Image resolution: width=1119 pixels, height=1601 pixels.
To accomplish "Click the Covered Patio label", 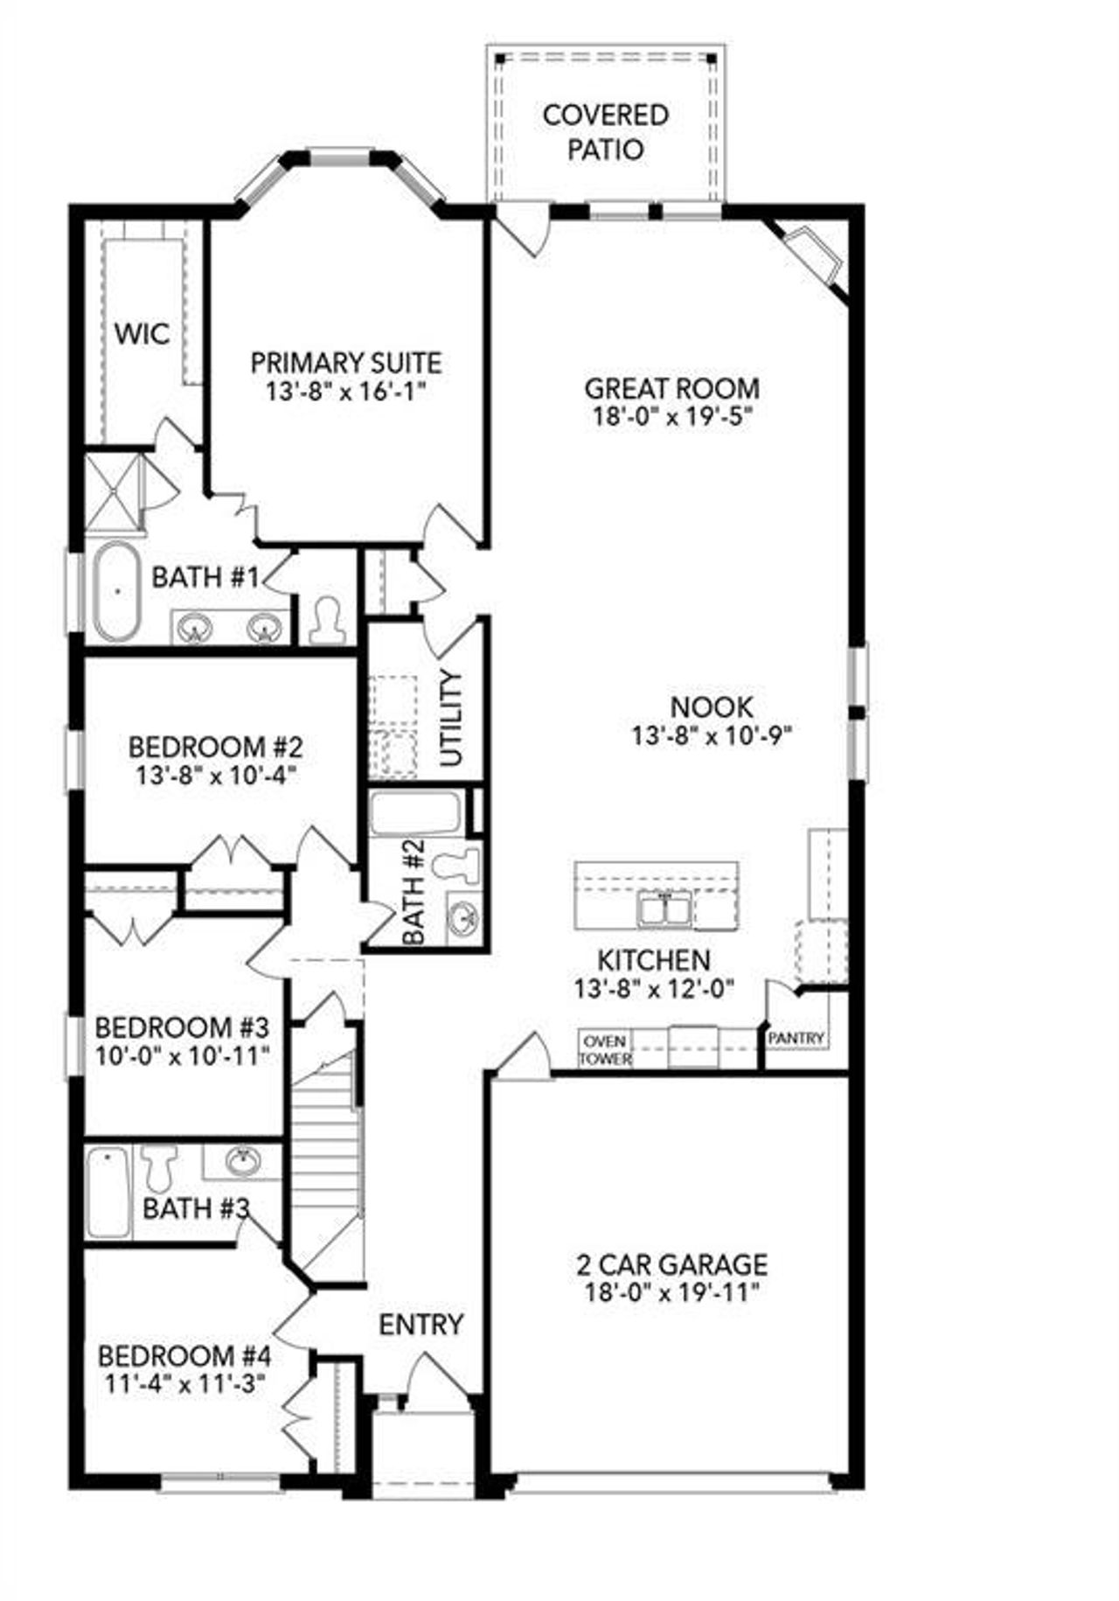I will click(605, 132).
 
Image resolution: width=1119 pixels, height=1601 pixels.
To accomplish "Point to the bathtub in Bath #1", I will click(117, 592).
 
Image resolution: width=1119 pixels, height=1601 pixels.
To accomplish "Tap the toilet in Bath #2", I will click(460, 864).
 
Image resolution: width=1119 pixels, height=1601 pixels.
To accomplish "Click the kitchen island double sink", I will click(665, 908).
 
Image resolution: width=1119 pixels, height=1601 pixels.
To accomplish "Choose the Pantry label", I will click(796, 1038).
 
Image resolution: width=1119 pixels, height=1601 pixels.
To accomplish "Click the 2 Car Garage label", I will click(671, 1263).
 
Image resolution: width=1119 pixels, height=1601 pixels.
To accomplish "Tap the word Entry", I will click(420, 1325).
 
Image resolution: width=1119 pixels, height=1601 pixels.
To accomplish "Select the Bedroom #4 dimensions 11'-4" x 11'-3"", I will click(184, 1384).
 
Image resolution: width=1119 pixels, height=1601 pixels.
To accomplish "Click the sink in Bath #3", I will click(243, 1162).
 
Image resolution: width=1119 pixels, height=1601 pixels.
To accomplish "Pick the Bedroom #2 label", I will click(215, 748).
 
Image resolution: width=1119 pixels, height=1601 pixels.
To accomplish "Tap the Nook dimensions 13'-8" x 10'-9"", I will click(712, 735).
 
